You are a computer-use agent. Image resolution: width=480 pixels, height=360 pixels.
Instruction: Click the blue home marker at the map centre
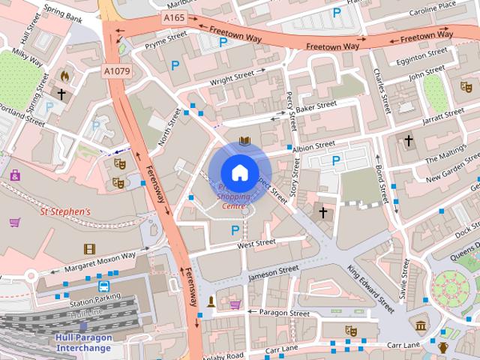pos(239,173)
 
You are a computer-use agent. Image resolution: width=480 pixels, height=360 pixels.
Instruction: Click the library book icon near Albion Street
pos(244,140)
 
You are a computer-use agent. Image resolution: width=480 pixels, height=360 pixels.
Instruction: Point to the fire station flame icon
pos(65,76)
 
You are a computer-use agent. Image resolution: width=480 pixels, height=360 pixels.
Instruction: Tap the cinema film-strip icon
pos(89,248)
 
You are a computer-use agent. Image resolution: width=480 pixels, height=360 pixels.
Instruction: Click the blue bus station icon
pos(103,286)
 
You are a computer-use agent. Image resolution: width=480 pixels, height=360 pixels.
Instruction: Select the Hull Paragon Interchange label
pos(84,342)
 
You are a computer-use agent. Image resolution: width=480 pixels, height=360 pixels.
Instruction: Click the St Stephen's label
pos(64,212)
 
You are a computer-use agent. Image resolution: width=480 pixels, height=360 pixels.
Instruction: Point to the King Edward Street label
pos(370,287)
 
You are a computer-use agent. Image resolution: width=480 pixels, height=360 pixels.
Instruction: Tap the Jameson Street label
pos(273,271)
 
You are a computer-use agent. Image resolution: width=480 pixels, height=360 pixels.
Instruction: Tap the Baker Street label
pos(316,109)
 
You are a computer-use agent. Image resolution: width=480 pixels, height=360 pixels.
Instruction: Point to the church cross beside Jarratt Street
pos(409,140)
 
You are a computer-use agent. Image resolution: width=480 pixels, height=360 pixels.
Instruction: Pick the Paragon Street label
pos(283,313)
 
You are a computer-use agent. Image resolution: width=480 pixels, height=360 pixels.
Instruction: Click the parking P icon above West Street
pos(235,230)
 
